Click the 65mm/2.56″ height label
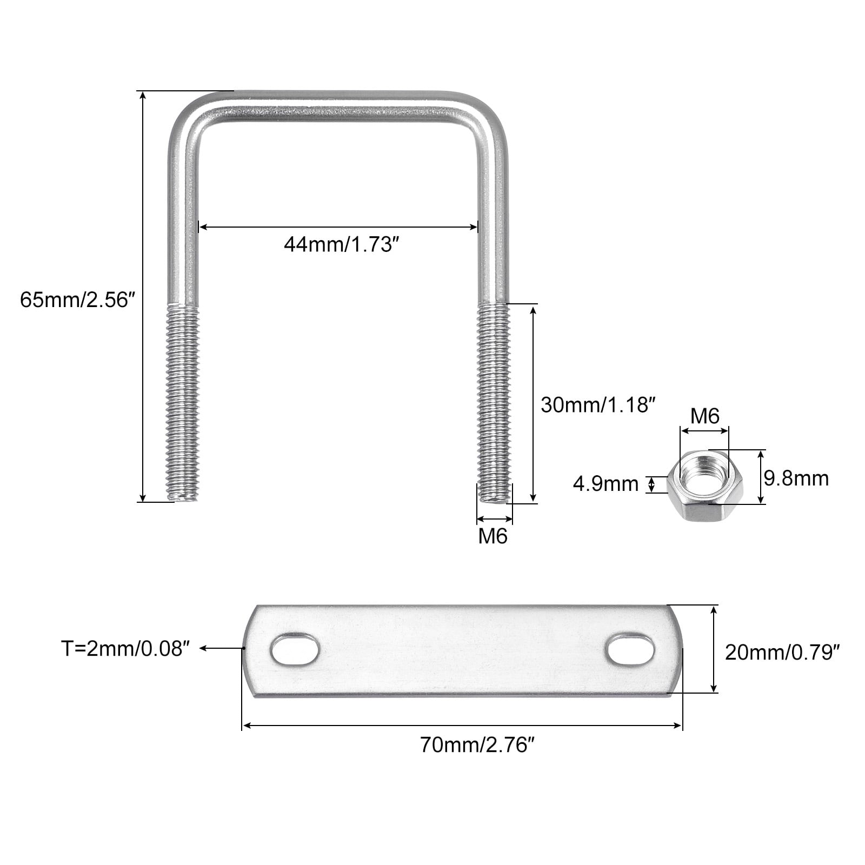(x=77, y=299)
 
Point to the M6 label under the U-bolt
(x=493, y=536)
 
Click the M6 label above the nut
(x=705, y=416)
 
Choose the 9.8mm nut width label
(x=796, y=478)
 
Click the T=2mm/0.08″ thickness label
(x=127, y=648)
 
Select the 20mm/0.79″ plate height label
(x=782, y=653)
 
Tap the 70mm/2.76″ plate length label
(x=477, y=746)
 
